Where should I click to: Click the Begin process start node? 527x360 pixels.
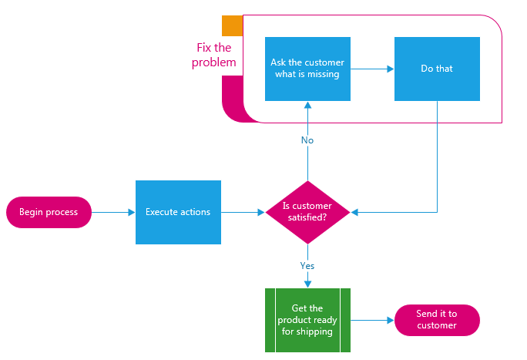point(49,212)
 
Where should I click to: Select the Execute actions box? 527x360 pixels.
point(178,212)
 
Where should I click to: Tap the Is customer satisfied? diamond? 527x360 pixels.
point(307,212)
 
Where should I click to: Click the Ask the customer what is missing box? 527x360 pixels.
point(307,69)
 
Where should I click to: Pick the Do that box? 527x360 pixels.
point(437,69)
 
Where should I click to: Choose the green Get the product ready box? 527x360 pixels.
point(307,320)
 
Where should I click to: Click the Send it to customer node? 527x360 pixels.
point(437,320)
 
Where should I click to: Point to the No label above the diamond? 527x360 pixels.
point(307,140)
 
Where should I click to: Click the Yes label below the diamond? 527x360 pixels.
point(307,265)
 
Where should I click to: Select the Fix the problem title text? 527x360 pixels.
point(214,55)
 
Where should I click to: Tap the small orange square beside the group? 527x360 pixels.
point(231,26)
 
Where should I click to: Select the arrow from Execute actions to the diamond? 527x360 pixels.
point(243,212)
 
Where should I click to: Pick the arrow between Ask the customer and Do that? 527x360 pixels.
point(372,69)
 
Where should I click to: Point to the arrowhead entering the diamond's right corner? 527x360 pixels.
point(354,212)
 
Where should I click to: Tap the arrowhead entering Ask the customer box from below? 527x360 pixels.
point(307,105)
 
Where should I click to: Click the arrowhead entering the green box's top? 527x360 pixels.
point(307,284)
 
